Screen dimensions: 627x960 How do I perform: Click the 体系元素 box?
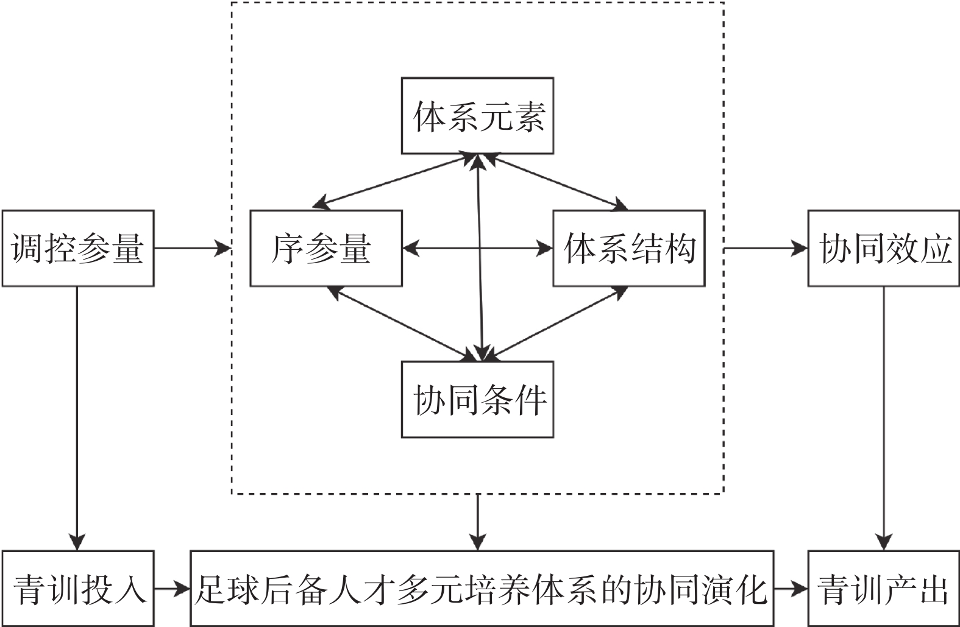point(477,115)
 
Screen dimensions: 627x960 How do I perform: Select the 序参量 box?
point(326,248)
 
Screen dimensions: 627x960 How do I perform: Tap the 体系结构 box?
point(629,248)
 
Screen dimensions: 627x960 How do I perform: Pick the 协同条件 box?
point(477,399)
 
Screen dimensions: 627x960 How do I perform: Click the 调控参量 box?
point(78,248)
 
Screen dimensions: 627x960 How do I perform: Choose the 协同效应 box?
point(884,248)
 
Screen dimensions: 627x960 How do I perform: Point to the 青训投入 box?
point(78,589)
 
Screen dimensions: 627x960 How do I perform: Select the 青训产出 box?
point(884,589)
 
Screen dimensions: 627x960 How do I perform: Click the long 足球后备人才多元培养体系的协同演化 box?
point(482,589)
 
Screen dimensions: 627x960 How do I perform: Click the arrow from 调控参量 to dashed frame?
point(192,248)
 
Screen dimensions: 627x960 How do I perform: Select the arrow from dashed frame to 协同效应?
point(766,248)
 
